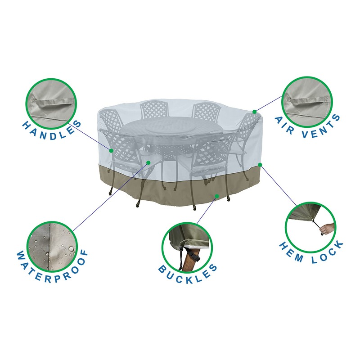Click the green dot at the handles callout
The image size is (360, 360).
(110, 150)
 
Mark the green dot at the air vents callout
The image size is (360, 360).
(254, 112)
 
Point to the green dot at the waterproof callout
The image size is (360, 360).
(148, 162)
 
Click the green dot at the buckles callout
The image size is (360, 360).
(217, 196)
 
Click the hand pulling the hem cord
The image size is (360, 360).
(328, 228)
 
